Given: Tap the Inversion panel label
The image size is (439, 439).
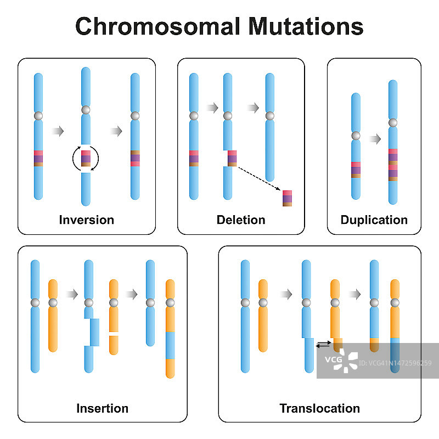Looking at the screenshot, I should pos(87,220).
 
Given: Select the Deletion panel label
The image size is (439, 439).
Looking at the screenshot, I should pos(241,220).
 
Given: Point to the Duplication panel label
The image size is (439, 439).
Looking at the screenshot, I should pos(374,220).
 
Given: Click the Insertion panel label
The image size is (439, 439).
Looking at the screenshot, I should pos(102,408).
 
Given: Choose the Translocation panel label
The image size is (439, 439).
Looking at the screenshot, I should pos(319,408).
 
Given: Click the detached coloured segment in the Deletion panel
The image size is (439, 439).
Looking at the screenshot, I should pos(288,198).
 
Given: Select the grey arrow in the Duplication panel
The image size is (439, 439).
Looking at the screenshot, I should pos(375,139).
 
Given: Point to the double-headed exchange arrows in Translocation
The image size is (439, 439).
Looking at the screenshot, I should pos(324,344).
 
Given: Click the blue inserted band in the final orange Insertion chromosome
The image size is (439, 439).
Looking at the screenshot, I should pos(170,345).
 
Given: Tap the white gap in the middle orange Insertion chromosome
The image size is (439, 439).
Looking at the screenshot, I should pos(114,333).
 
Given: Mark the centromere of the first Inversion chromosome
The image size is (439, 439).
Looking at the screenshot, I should pos(38,116).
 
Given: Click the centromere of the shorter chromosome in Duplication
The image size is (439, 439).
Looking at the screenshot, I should pos(356,136).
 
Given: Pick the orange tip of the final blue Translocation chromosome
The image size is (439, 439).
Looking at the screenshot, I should pos(374,345).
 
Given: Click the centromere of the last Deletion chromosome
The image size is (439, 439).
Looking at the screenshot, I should pos(269,116).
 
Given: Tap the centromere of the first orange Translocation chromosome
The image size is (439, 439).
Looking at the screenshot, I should pos(263,303).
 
